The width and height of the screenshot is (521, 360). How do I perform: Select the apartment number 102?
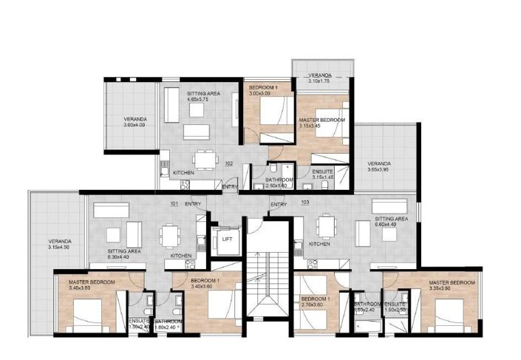pyautogui.click(x=229, y=164)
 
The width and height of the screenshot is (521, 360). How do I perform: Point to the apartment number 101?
pyautogui.click(x=174, y=203)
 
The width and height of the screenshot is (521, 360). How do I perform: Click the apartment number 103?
pyautogui.click(x=305, y=202)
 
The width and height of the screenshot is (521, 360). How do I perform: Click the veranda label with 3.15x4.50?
pyautogui.click(x=61, y=245)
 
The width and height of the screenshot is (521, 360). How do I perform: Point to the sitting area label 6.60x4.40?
pyautogui.click(x=391, y=223)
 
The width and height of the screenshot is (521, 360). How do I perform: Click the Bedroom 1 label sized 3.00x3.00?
pyautogui.click(x=264, y=91)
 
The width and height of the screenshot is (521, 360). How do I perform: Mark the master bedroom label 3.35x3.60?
pyautogui.click(x=451, y=285)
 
